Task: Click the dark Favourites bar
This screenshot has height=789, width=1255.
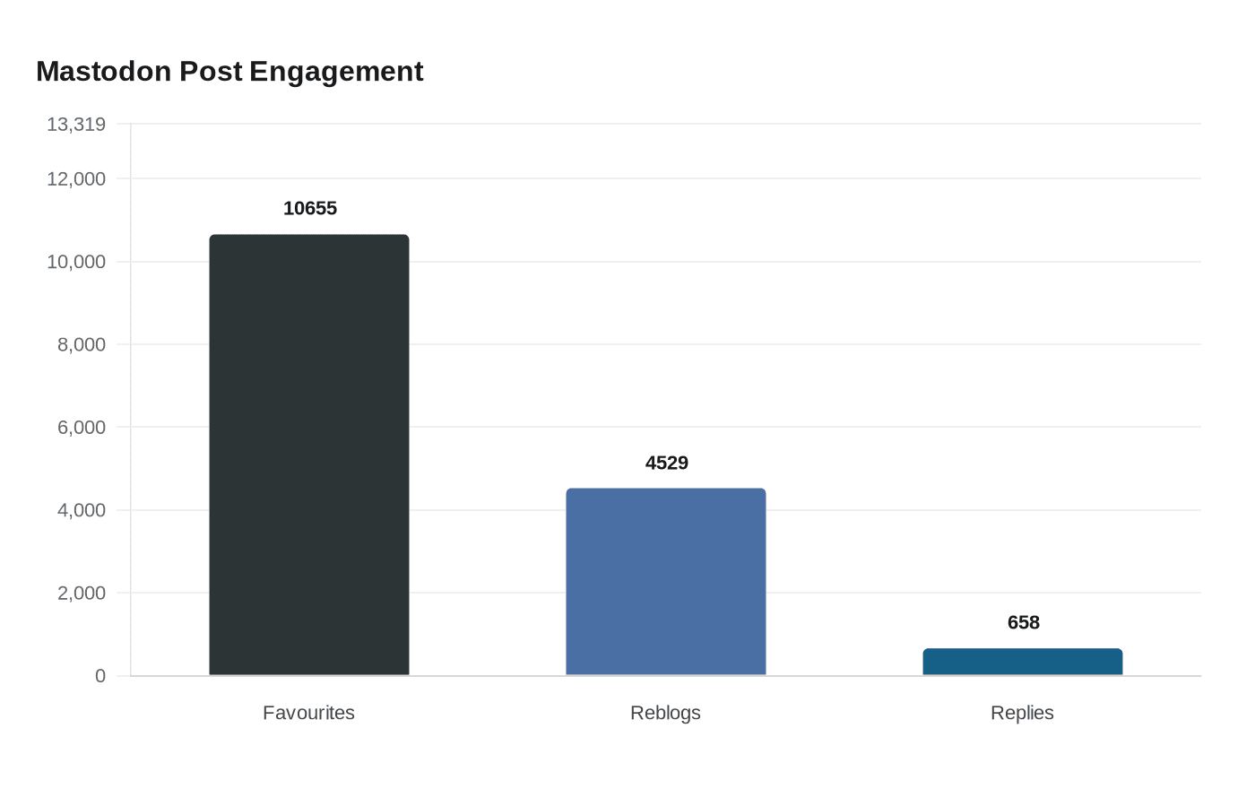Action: tap(309, 455)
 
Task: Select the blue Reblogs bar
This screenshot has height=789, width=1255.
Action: tap(666, 582)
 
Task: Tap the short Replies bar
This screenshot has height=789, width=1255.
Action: tap(1023, 662)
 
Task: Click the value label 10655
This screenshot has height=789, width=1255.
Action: tap(310, 209)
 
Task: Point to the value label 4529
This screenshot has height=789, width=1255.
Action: tap(667, 464)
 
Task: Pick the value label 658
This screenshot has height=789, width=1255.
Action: tap(1024, 623)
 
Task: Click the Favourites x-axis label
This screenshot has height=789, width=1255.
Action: tap(309, 713)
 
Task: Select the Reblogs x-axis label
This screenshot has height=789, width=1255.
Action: tap(666, 713)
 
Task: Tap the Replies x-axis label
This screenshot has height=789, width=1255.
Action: tap(1023, 713)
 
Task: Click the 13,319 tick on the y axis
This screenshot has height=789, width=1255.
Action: tap(76, 125)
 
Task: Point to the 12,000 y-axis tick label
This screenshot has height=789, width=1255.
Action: tap(76, 179)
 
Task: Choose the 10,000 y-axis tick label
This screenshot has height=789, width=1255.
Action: tap(76, 262)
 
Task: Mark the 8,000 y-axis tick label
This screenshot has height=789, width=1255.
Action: tap(82, 345)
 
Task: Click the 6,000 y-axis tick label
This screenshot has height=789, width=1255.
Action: tap(82, 428)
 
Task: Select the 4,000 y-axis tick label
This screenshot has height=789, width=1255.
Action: tap(82, 510)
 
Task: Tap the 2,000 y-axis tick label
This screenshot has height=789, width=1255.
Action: tap(82, 594)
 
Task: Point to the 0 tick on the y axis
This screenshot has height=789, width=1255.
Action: tap(100, 676)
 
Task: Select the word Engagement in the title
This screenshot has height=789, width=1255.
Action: tap(336, 72)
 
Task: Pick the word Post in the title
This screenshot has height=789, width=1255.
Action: tap(211, 72)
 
